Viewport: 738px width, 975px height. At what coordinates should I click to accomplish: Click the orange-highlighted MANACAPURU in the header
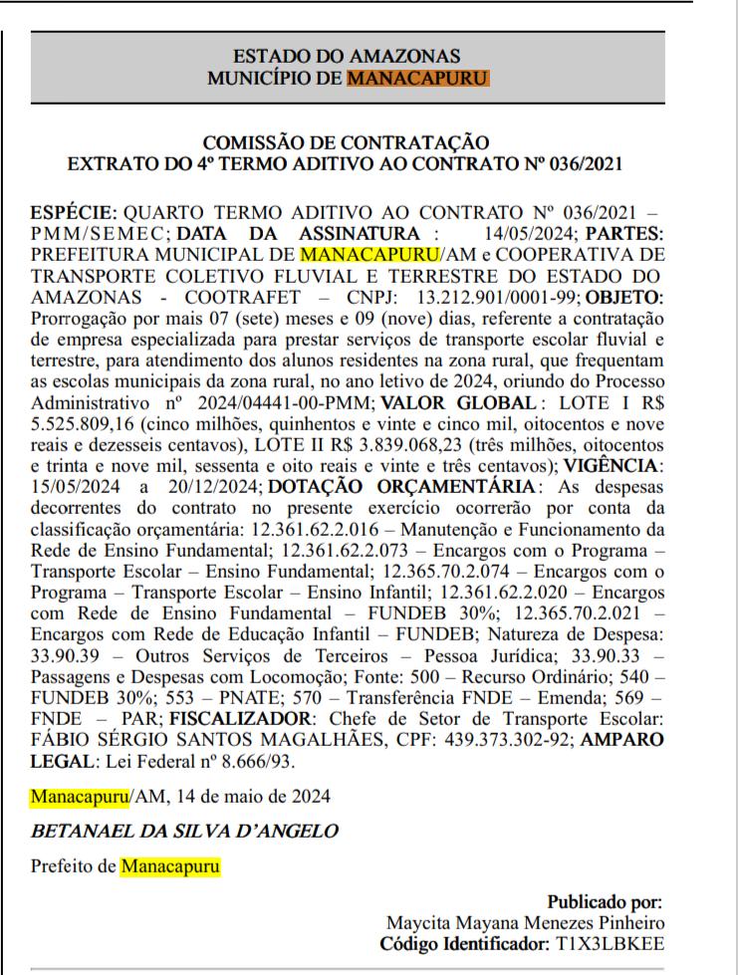point(418,77)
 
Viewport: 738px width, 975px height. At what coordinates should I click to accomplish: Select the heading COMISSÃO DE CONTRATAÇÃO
point(347,142)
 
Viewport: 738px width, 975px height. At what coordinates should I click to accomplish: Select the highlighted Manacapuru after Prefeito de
point(170,866)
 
